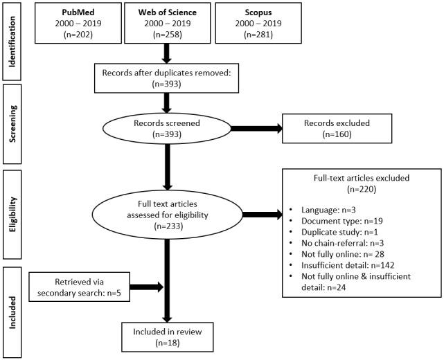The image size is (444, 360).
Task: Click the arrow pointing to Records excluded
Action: pyautogui.click(x=256, y=128)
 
